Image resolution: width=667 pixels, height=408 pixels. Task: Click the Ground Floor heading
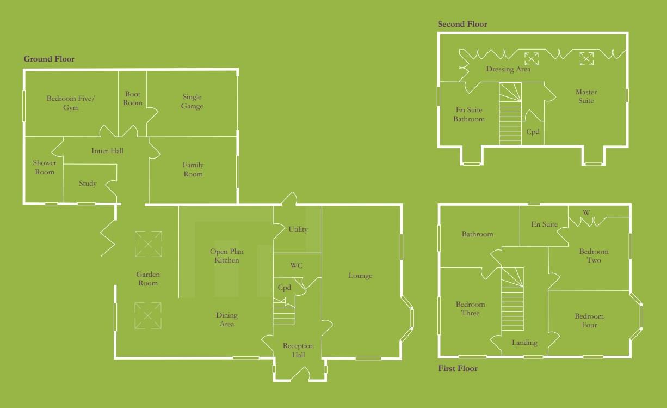click(x=49, y=59)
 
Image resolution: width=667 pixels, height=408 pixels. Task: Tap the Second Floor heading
click(x=462, y=24)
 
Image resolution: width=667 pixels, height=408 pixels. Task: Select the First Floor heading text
click(x=458, y=369)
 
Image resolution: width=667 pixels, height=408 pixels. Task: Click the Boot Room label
click(x=133, y=98)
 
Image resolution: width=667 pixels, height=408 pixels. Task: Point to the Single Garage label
click(x=192, y=102)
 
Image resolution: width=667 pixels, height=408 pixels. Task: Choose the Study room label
click(x=88, y=184)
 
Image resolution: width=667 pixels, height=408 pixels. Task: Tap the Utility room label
click(x=298, y=229)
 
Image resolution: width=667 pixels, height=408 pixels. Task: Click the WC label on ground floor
click(x=297, y=266)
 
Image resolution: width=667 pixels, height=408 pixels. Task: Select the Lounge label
click(x=360, y=276)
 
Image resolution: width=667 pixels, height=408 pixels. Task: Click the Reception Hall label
click(x=298, y=350)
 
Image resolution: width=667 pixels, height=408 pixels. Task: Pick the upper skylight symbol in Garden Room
click(x=148, y=243)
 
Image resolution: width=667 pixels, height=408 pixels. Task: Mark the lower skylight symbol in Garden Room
click(x=148, y=316)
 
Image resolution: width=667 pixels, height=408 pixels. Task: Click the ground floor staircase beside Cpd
click(x=284, y=315)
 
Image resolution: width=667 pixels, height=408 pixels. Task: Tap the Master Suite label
click(x=586, y=96)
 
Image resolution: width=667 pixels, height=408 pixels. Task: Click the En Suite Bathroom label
click(x=469, y=114)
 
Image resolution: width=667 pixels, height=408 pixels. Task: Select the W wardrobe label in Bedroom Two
click(x=586, y=212)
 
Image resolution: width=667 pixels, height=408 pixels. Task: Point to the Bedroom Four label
click(x=589, y=320)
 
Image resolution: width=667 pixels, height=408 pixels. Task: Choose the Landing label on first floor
click(x=524, y=343)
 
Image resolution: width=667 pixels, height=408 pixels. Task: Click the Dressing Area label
click(x=508, y=69)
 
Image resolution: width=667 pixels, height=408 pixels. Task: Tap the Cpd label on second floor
click(x=533, y=132)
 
